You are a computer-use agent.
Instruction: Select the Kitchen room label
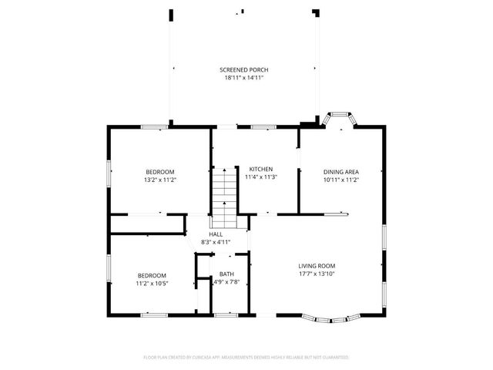260,169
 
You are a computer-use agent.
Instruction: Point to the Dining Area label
340,171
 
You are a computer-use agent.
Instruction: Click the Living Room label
317,266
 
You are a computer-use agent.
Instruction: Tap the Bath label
226,274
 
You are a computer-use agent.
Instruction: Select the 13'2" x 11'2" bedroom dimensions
160,180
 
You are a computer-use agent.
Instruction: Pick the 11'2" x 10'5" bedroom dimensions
153,283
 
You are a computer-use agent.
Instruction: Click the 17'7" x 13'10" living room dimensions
317,274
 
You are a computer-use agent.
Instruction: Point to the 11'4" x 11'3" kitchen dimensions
260,177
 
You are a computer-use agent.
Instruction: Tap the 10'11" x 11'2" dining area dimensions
340,180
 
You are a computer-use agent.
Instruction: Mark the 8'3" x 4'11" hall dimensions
215,241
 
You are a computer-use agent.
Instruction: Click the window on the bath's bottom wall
226,314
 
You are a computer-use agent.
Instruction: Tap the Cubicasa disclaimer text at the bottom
246,358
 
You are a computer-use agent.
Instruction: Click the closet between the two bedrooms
147,224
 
